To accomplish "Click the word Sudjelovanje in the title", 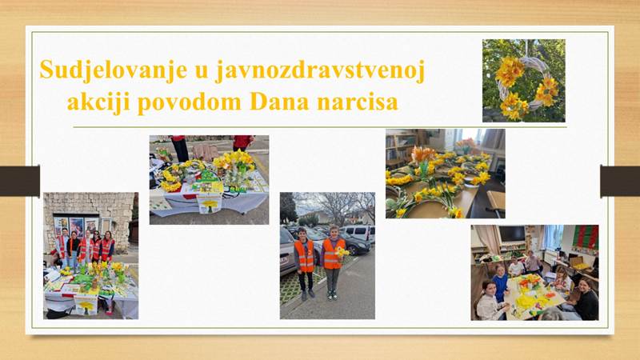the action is point(114,70).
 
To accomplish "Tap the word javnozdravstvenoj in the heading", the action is point(321,70).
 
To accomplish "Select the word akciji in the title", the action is point(98,102).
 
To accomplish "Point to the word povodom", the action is point(190,102).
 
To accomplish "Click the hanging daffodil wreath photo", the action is point(524,81).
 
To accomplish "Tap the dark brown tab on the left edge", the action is point(19,181).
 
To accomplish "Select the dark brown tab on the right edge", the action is point(620,181).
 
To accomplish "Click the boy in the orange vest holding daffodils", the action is point(333,262).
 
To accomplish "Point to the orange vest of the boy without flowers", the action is point(305,255).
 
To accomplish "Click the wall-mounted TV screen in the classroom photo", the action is point(512,234).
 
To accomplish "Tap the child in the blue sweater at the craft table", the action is point(500,282).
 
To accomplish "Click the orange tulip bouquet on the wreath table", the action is point(423,155).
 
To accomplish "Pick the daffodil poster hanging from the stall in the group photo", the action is point(86,306).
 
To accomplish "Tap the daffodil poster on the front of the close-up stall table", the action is point(210,203).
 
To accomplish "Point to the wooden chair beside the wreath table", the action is point(496,204).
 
